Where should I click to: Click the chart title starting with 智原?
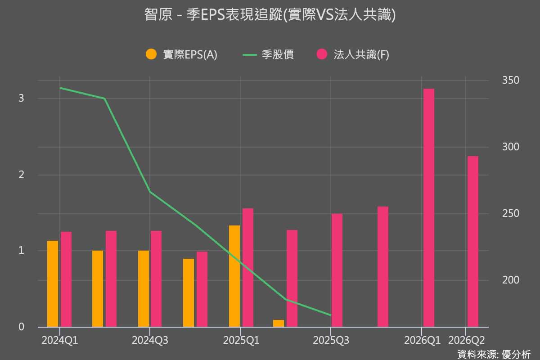coord(270,15)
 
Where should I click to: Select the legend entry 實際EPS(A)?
coord(182,54)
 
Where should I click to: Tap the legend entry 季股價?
coord(268,54)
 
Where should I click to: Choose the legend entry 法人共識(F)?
coord(353,54)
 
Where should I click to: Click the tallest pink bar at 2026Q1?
coord(429,207)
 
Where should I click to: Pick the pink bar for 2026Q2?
coord(473,241)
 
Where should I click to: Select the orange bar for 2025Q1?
coord(234,276)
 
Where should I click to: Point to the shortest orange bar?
coord(279,323)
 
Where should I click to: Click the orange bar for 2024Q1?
coord(53,283)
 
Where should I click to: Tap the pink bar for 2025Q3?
coord(337,270)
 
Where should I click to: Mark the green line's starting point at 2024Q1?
coord(60,88)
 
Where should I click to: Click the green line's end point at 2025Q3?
coord(331,315)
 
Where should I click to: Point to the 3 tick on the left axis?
coord(21,99)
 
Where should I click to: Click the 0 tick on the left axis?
coord(21,327)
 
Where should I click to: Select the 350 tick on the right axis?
coord(510,81)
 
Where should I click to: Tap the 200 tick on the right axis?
coord(510,280)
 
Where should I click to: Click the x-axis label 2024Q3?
coord(150,341)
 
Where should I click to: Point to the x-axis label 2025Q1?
coord(241,341)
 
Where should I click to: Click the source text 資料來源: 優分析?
coord(494,354)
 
